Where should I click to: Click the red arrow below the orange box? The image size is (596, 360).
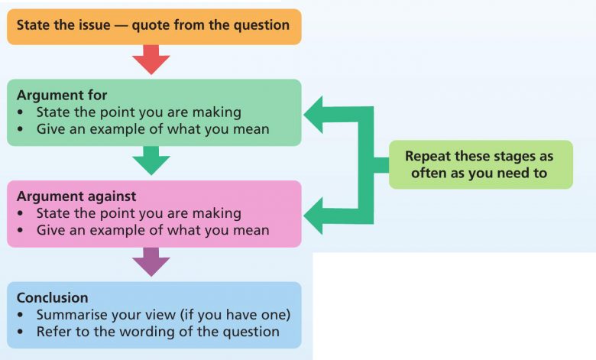coord(151,60)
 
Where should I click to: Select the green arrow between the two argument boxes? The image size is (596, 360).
coord(151,161)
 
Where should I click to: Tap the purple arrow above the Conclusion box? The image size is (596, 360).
coord(151,262)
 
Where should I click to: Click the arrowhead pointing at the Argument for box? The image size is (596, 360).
coord(313,115)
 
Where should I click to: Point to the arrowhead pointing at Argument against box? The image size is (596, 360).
coord(313,216)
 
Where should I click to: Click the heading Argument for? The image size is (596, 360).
coord(62,95)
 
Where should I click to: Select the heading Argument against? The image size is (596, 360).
coord(76,196)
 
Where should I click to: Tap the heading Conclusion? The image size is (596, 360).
coord(53,297)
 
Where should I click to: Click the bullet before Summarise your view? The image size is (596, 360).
coord(20,315)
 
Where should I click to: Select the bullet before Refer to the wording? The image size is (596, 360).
coord(20,332)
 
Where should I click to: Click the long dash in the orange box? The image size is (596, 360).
coord(121,25)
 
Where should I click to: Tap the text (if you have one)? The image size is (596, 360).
coord(235,315)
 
